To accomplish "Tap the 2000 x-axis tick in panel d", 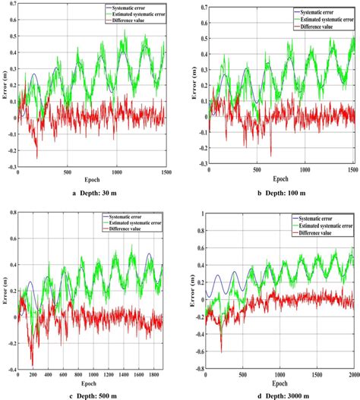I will tap(353, 376).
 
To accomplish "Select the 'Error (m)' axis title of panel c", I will tap(5, 292).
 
